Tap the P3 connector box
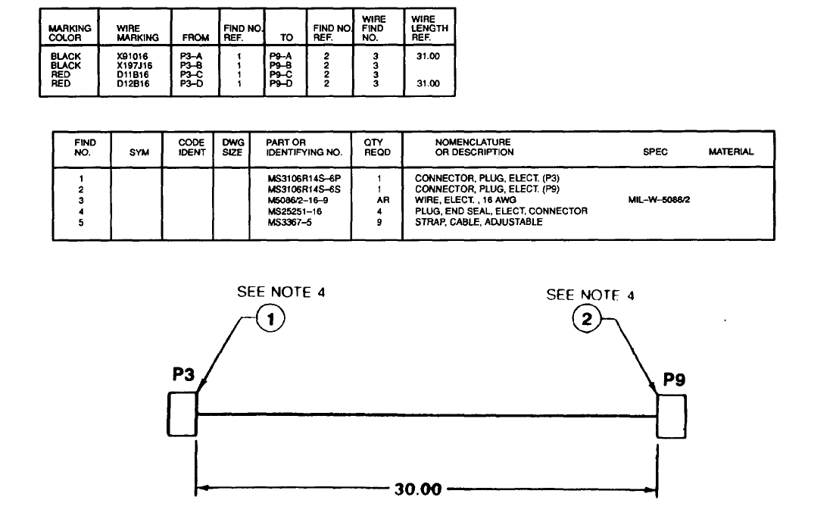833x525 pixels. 182,414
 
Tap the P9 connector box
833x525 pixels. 672,417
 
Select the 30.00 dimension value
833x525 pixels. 417,489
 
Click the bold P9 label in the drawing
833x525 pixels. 674,380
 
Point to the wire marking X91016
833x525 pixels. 133,56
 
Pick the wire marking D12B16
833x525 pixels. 133,83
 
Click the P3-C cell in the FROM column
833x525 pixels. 191,74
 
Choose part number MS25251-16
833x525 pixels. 295,211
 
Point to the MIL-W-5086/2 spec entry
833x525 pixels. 655,201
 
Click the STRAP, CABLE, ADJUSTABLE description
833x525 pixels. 480,222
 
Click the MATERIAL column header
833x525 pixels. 731,152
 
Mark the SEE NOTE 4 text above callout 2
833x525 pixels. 590,295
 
